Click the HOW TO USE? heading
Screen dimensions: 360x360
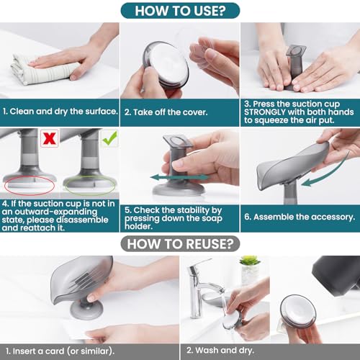(180, 11)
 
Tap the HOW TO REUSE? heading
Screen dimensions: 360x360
(180, 244)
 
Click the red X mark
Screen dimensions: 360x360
(50, 138)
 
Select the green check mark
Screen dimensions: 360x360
(109, 138)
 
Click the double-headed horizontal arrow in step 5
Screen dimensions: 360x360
(179, 178)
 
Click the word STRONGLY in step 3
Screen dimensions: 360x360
(265, 112)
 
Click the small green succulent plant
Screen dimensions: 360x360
(250, 260)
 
